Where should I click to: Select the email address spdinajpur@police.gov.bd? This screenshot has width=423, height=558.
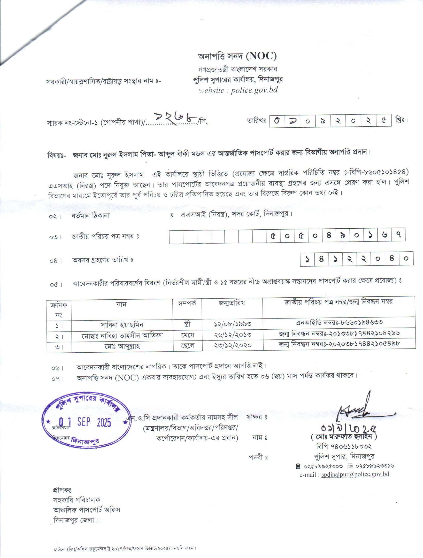355,474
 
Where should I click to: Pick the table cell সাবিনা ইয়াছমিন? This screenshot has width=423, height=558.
122,324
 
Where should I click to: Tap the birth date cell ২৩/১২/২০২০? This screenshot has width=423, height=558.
233,345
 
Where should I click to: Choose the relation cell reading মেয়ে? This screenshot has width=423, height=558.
187,335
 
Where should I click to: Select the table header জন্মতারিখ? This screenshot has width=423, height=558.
232,303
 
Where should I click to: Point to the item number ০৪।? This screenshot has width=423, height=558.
56,261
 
